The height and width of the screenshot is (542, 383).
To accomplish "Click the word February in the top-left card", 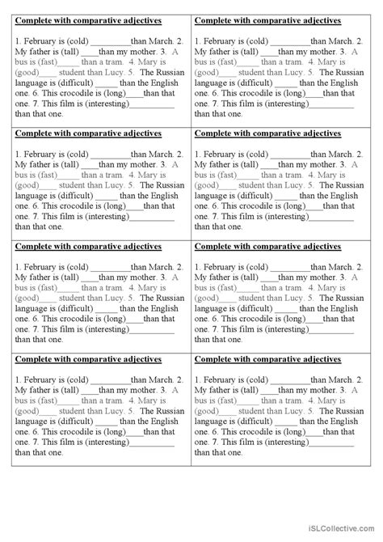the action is click(40, 40).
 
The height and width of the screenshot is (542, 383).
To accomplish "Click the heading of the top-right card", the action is click(267, 20).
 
